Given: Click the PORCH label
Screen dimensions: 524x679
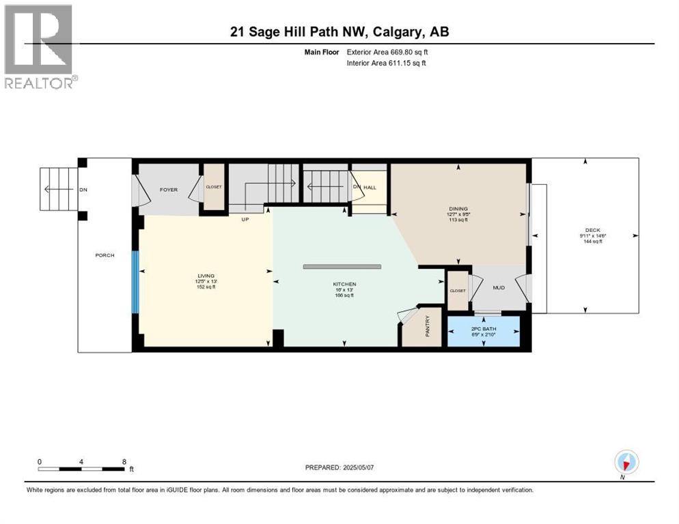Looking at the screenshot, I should coord(105,255).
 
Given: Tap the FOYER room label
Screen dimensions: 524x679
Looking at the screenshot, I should coord(169,190).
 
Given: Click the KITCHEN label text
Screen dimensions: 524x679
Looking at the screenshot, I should coord(345,284).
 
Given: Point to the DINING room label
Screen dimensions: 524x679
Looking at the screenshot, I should coord(457,209).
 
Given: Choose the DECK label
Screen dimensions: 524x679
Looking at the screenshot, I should coord(592,230).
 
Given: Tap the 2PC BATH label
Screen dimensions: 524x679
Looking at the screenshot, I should coord(484,329).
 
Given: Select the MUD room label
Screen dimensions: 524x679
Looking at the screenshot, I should coord(499,288).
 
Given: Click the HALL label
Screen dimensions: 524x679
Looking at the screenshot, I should coord(370,187).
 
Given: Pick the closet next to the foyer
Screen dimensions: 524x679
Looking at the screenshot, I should coord(214,186).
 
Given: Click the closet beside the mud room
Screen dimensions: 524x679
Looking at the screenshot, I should coord(457,291).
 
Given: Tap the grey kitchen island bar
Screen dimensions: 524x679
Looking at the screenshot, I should coord(342,266).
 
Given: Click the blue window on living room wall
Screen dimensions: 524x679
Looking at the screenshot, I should coord(135,281).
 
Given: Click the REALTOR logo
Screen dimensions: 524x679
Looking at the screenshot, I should coord(40,46).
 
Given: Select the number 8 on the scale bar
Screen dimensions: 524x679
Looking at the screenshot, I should coord(124,461).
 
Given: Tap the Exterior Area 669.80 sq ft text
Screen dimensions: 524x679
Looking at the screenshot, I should coord(387,52).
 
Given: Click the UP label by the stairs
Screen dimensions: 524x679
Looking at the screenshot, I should coord(244,219).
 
